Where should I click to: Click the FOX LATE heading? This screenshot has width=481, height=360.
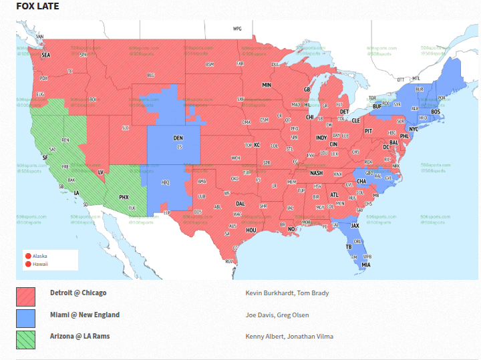click(x=37, y=7)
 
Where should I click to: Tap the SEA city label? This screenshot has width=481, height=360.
click(x=46, y=55)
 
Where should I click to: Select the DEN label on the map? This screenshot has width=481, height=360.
click(x=178, y=138)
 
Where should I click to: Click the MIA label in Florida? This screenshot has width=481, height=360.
click(x=366, y=265)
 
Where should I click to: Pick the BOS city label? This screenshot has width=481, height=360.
click(x=435, y=112)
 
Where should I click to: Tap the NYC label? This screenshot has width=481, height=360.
click(x=414, y=129)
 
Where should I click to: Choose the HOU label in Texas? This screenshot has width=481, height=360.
click(x=251, y=230)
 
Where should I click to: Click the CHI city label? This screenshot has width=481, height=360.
click(x=309, y=117)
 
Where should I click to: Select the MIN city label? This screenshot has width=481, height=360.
click(x=267, y=85)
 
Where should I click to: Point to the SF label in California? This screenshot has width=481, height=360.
click(x=45, y=158)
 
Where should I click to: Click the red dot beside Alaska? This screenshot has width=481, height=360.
click(x=28, y=256)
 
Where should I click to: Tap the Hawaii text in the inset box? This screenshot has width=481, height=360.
click(x=41, y=264)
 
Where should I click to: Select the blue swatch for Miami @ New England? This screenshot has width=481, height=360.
click(x=26, y=318)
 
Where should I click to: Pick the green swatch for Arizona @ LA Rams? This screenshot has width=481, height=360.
click(x=26, y=339)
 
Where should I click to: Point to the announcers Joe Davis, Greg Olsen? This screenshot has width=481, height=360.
click(x=277, y=315)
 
